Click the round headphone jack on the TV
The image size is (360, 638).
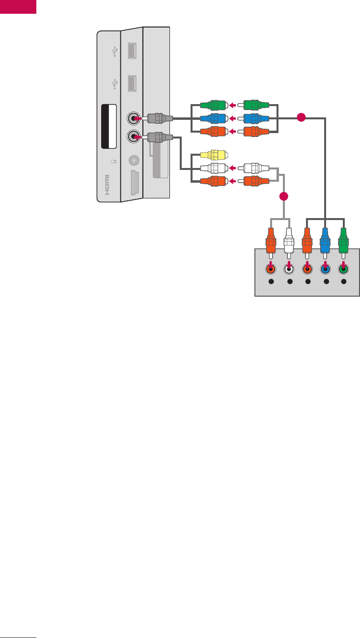133,160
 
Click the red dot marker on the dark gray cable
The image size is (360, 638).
301,117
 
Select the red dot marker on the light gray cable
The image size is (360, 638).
283,197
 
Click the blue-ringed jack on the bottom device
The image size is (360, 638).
325,269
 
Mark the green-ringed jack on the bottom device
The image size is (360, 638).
343,269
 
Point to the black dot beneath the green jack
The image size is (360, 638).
343,282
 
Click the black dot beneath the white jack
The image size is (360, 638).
289,282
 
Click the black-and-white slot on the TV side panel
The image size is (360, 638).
108,126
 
